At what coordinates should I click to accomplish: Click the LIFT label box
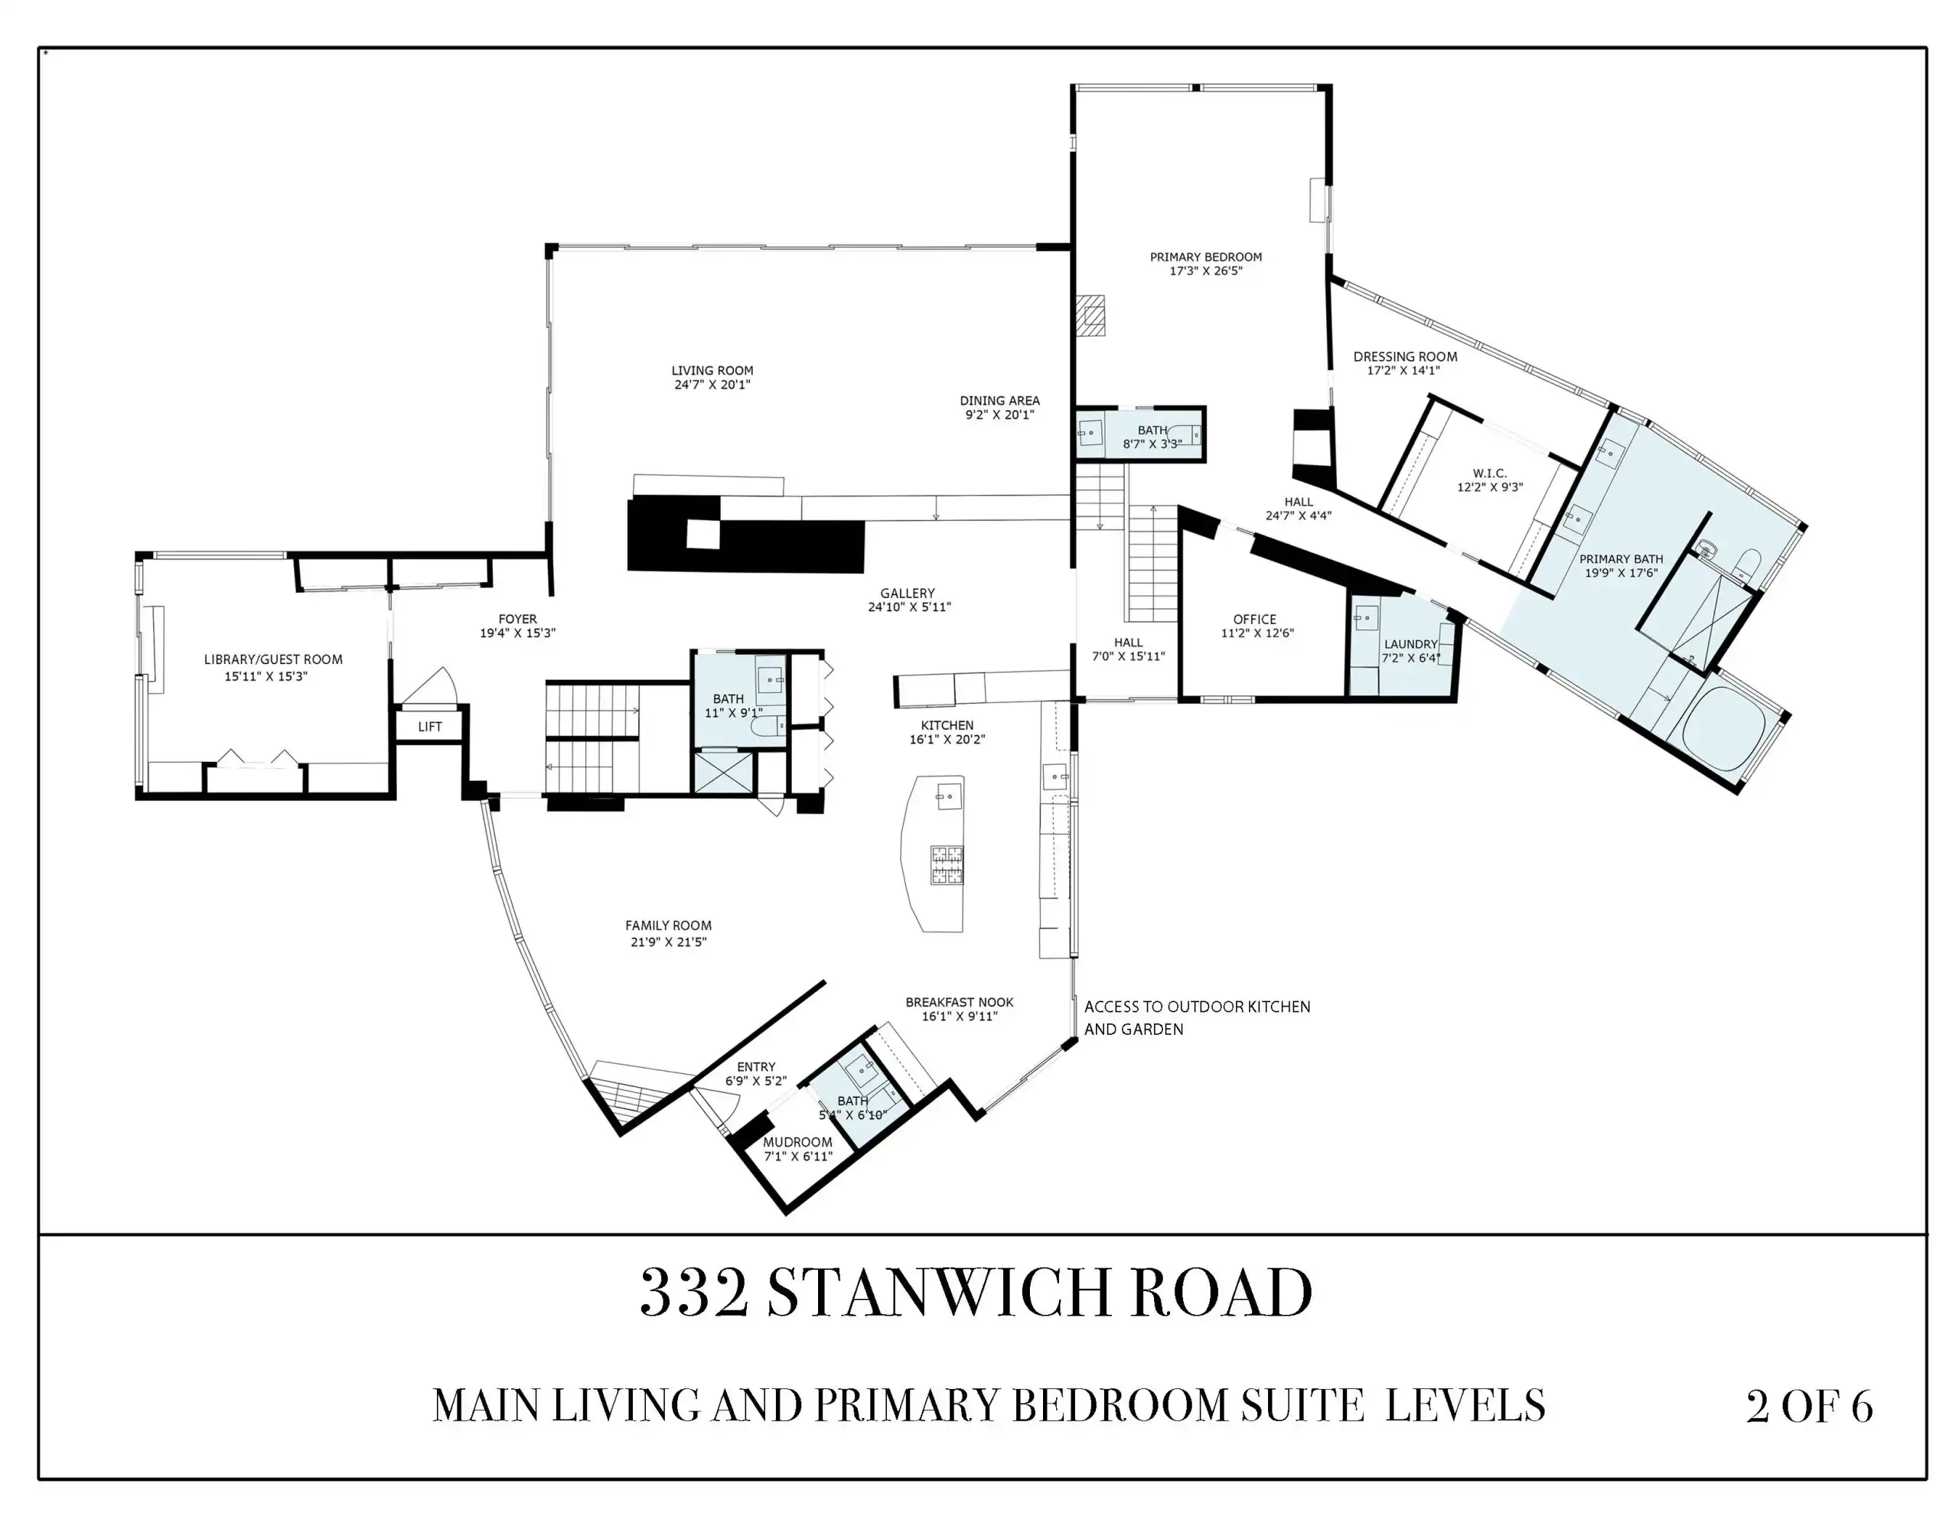429,727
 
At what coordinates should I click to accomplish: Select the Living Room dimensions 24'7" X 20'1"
712,385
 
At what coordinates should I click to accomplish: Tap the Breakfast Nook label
959,1003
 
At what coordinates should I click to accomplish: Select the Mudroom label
797,1142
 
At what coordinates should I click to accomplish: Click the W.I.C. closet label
1490,473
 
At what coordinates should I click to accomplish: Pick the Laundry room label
1410,644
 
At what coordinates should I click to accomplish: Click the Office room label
1254,619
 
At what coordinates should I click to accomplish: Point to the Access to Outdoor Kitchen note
1198,1018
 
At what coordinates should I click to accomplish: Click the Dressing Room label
1405,356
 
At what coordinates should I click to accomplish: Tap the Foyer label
517,619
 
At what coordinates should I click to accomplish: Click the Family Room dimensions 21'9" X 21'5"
668,942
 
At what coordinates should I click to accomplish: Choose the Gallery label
907,593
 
